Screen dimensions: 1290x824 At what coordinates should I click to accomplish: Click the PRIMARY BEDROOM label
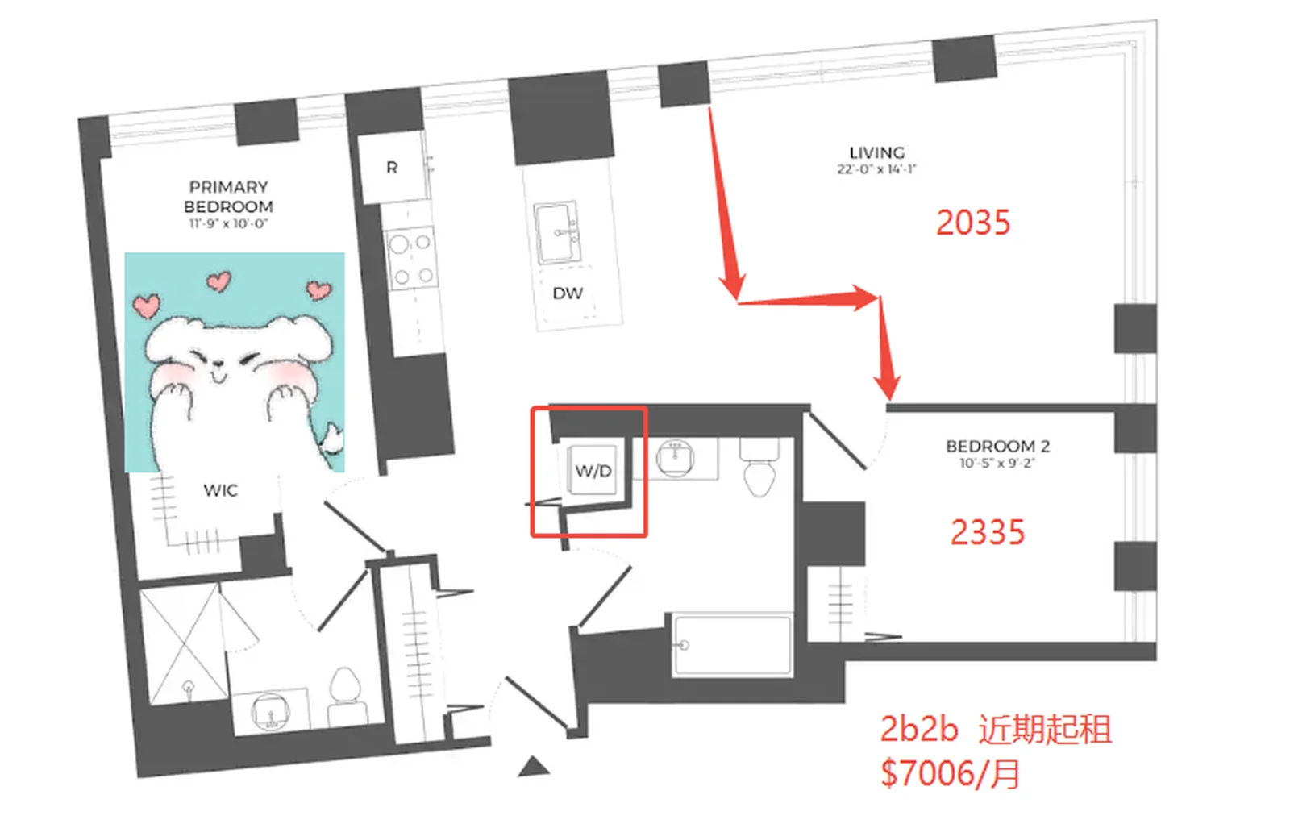[229, 197]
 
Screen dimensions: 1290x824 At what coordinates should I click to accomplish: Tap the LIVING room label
[877, 152]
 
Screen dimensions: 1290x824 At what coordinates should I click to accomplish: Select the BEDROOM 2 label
[998, 446]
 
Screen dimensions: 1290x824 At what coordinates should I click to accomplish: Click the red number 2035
[972, 223]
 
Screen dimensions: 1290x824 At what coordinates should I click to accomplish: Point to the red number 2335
[987, 532]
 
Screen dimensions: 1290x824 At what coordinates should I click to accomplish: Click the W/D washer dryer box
[593, 470]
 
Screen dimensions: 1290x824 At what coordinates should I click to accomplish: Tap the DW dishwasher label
[568, 293]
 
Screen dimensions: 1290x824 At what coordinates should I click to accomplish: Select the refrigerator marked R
[392, 168]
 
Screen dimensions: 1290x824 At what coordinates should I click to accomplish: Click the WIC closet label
[221, 490]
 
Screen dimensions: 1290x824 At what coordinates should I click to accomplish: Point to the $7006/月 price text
[951, 773]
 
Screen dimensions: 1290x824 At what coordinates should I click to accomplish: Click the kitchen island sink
[556, 232]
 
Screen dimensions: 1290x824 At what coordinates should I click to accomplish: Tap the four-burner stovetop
[410, 259]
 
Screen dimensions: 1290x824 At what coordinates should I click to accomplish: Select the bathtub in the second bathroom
[733, 646]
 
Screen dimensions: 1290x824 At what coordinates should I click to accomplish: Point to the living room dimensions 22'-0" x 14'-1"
[876, 169]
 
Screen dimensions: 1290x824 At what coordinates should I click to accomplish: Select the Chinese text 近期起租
[1045, 730]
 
